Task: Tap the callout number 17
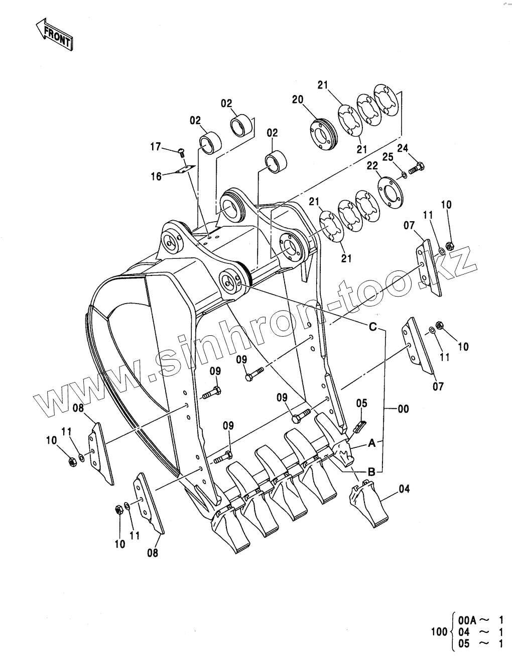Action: click(156, 147)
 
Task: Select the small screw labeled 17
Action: click(181, 151)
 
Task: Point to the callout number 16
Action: click(156, 176)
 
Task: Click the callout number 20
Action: click(298, 100)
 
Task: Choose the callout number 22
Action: click(371, 166)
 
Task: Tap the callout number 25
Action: click(388, 157)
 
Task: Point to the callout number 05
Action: click(362, 403)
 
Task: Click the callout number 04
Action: click(405, 488)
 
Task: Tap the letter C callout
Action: click(372, 327)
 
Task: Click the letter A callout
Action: click(371, 443)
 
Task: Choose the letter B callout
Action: click(372, 471)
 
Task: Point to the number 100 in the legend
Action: click(439, 631)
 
